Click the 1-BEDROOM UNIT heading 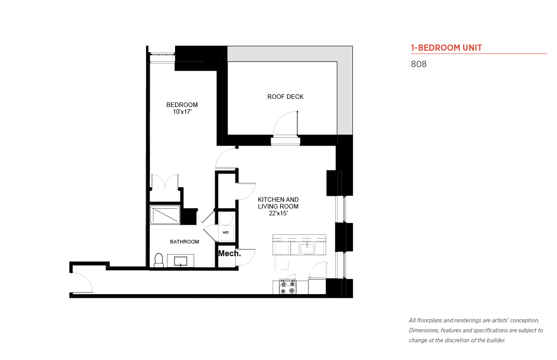(x=446, y=48)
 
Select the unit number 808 (x=419, y=64)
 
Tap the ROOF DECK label (x=285, y=97)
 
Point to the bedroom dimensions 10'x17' (x=182, y=112)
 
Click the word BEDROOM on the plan (x=182, y=105)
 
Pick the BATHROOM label (x=185, y=242)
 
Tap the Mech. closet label (x=230, y=253)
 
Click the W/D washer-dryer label (x=226, y=233)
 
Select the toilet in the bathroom (x=159, y=260)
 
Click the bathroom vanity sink (x=181, y=261)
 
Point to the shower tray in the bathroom (x=165, y=215)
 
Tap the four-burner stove (x=288, y=287)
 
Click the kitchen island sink (x=307, y=248)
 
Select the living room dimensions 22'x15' (x=278, y=213)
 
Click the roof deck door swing (x=285, y=123)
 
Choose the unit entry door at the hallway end (x=82, y=282)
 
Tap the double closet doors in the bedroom (x=165, y=181)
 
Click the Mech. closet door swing (x=245, y=257)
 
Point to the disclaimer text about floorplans (x=476, y=331)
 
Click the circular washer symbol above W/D (x=226, y=218)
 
